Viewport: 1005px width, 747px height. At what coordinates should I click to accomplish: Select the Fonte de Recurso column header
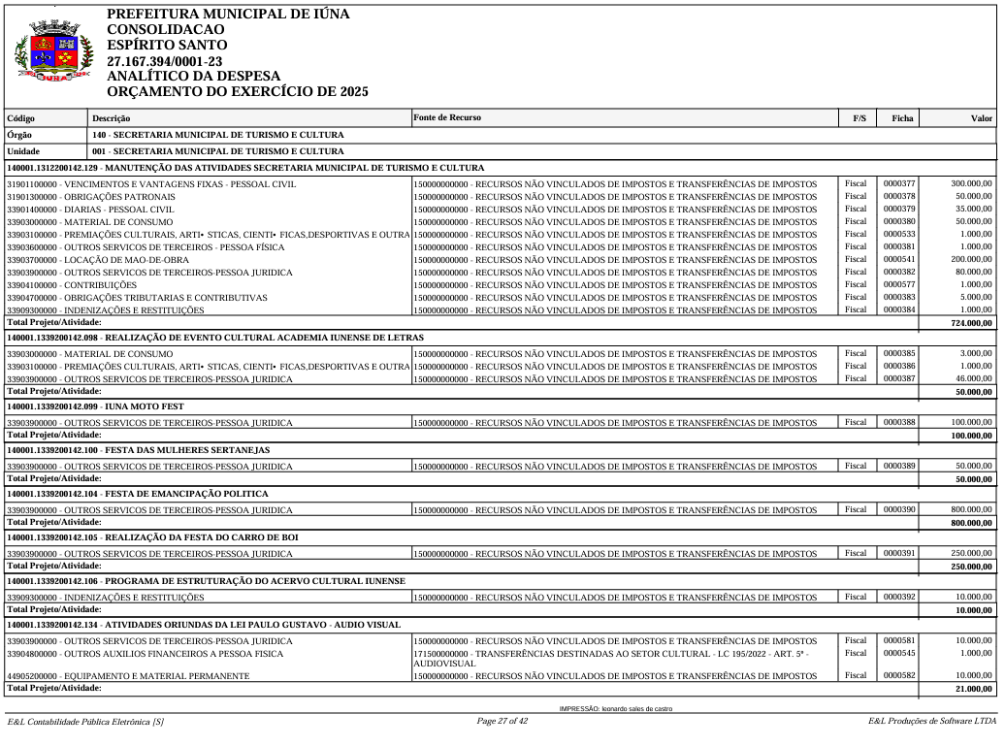[x=447, y=117]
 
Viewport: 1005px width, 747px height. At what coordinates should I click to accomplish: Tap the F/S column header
[x=859, y=118]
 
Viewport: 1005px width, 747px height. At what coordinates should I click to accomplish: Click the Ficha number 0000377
[x=898, y=183]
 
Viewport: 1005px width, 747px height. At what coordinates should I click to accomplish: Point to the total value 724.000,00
[x=972, y=323]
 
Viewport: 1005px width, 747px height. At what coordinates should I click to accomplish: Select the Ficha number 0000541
[x=898, y=259]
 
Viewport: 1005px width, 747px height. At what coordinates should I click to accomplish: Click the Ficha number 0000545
[x=898, y=652]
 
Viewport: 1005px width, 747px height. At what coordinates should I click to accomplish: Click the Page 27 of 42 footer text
[x=502, y=721]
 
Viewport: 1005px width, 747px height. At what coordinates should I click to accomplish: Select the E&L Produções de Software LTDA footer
[x=931, y=721]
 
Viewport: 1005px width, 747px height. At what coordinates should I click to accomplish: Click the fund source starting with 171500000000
[x=611, y=657]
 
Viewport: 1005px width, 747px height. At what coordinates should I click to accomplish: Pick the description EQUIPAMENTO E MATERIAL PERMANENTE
[x=128, y=675]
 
